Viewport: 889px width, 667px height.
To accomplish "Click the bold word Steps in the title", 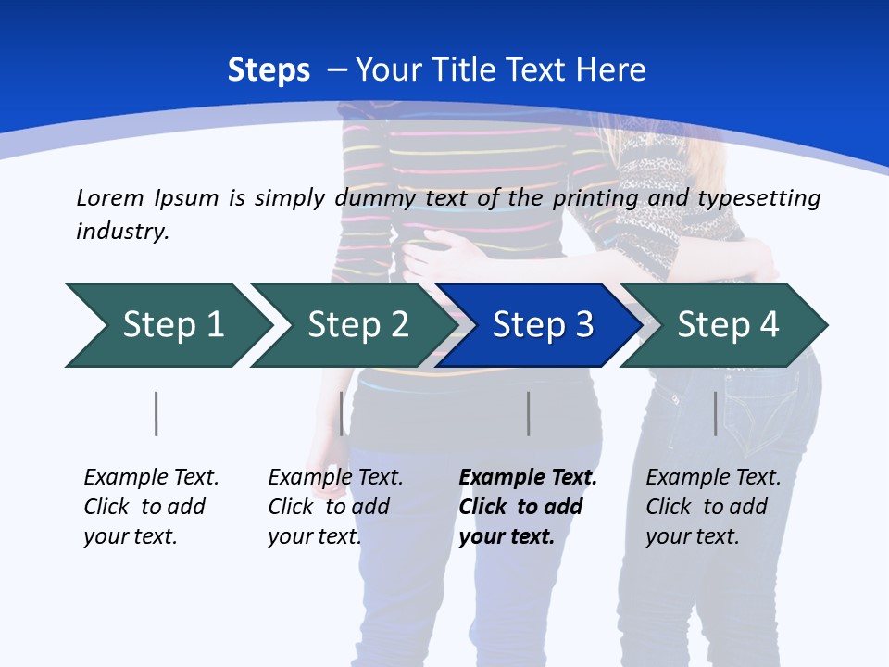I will pos(269,70).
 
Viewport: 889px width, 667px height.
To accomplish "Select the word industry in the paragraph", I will pos(122,232).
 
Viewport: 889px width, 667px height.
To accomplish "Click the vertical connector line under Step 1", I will pos(157,413).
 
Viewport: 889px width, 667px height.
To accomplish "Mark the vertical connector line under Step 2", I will pos(342,413).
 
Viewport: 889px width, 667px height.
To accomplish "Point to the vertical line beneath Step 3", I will pos(528,413).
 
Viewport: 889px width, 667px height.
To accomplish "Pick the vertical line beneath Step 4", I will pos(715,413).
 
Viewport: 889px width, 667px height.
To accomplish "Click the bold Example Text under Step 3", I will pos(528,478).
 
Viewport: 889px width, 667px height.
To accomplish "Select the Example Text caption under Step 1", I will pos(151,478).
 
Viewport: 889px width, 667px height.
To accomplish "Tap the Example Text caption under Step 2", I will pos(335,478).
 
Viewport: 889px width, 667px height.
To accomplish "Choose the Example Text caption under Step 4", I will pos(713,478).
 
